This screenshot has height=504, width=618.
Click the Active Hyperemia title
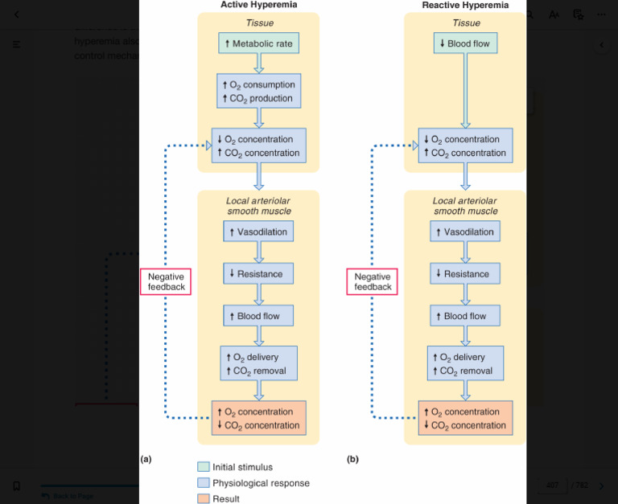[x=258, y=5]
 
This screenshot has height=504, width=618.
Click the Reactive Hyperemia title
[x=465, y=5]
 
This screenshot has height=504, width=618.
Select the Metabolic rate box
[x=258, y=43]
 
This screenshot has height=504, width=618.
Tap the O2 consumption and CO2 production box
[x=258, y=92]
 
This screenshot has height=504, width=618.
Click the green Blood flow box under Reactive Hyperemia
[x=465, y=43]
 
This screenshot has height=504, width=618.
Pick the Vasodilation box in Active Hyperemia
[x=258, y=232]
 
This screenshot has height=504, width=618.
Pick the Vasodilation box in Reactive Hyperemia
[x=465, y=232]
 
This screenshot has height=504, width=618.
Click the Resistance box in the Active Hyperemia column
[x=258, y=274]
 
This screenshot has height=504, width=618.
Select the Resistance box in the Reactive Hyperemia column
[x=465, y=274]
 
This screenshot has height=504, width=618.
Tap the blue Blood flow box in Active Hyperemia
[x=258, y=316]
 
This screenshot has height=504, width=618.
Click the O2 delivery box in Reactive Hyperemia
[x=465, y=363]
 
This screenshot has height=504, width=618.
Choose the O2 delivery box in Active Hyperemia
[x=258, y=363]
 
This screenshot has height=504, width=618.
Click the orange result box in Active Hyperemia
[x=258, y=418]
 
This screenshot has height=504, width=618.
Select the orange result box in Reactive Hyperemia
[x=465, y=418]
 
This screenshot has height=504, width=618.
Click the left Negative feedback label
[x=166, y=281]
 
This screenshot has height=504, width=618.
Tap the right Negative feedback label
[x=373, y=281]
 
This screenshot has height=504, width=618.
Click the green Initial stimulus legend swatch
[x=203, y=467]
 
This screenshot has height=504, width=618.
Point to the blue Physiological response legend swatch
[x=203, y=483]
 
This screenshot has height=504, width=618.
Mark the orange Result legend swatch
[x=203, y=498]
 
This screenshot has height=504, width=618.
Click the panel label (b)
[x=352, y=459]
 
